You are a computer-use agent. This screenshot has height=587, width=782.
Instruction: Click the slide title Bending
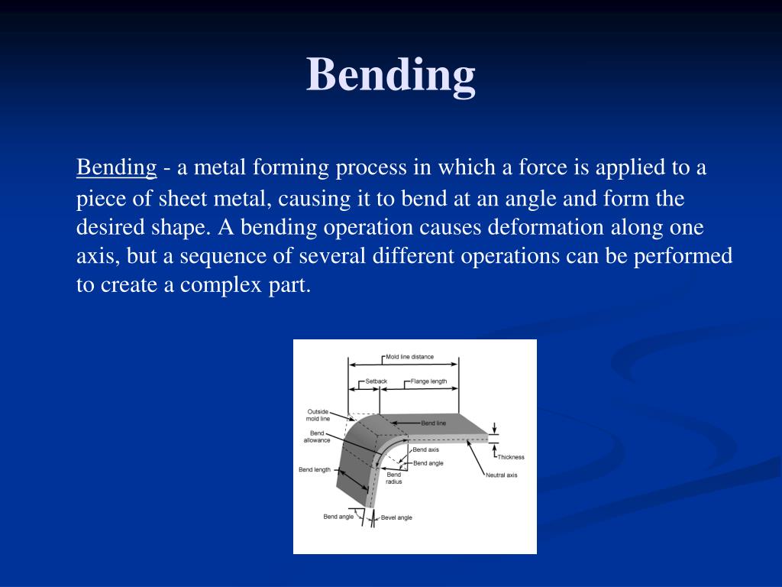391,75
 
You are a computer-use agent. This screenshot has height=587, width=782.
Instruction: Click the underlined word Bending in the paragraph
116,167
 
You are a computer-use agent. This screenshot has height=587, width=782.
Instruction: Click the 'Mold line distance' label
409,357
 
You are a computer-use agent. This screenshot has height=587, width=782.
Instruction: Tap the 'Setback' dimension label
376,381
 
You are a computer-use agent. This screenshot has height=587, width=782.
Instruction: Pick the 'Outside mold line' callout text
318,415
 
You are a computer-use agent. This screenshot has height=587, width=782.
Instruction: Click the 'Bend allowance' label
317,436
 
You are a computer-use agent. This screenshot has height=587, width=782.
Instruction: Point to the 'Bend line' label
434,423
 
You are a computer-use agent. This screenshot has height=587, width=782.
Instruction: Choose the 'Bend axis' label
426,449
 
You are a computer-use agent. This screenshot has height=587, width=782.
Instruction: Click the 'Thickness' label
511,457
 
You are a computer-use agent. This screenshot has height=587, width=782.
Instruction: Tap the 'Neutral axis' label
501,475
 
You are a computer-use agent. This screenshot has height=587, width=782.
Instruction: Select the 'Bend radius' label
394,478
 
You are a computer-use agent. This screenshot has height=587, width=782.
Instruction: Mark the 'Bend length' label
315,469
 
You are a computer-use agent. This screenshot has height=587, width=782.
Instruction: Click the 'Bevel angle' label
396,517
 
